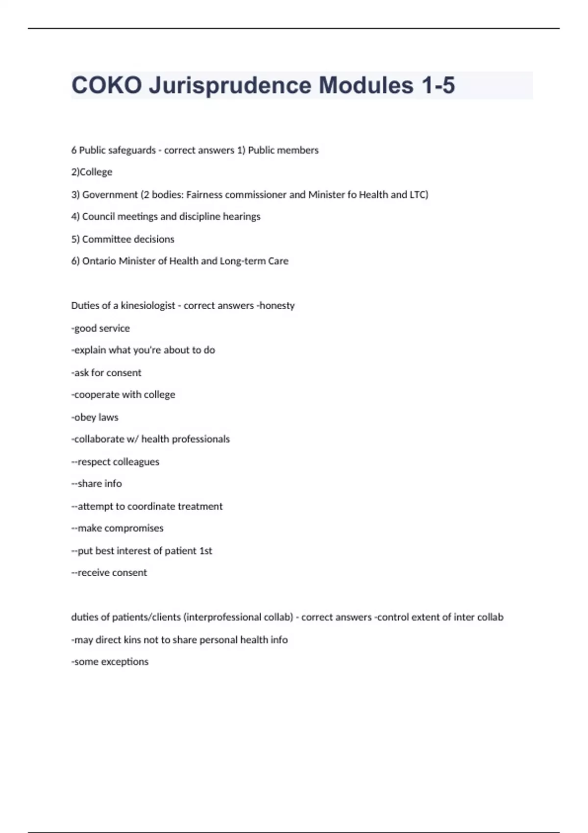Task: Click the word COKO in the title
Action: pyautogui.click(x=107, y=85)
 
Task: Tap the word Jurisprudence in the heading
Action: pyautogui.click(x=230, y=85)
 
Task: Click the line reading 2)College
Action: pyautogui.click(x=92, y=172)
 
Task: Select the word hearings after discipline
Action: pyautogui.click(x=241, y=217)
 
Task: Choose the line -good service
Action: pyautogui.click(x=100, y=328)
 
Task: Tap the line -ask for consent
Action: pyautogui.click(x=106, y=373)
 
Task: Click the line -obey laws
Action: pyautogui.click(x=95, y=417)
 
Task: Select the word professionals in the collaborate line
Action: pyautogui.click(x=200, y=439)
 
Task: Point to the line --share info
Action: pyautogui.click(x=97, y=484)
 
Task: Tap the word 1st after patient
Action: pyautogui.click(x=206, y=551)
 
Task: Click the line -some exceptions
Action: pyautogui.click(x=110, y=662)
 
